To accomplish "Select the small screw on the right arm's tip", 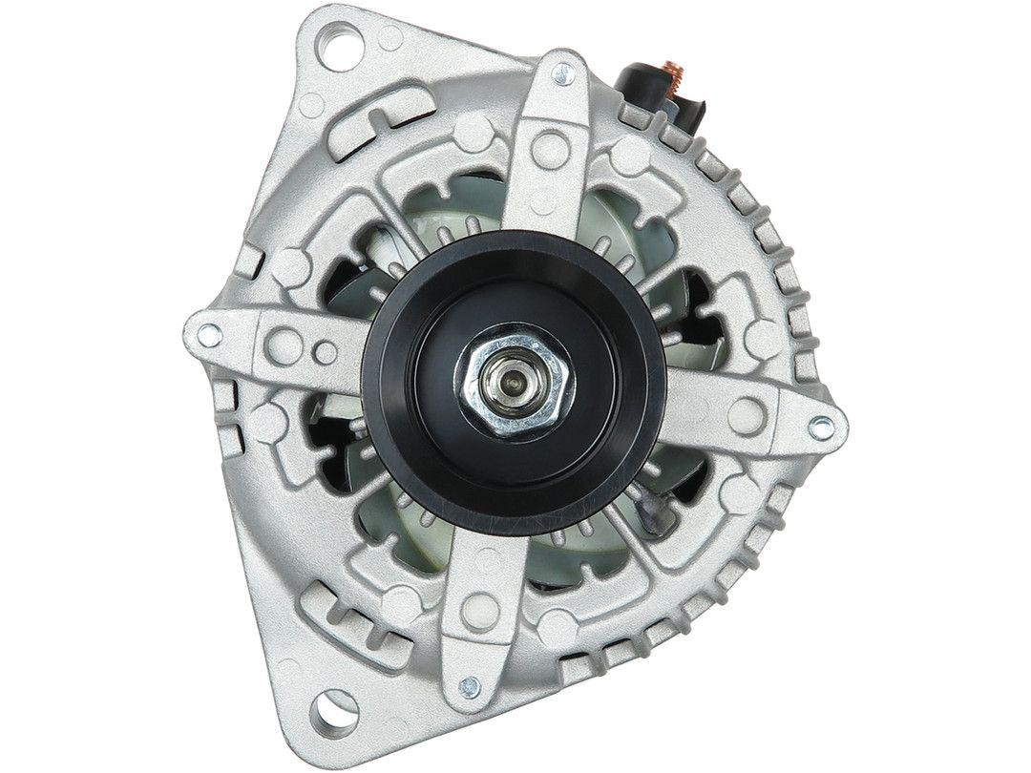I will coord(818,428).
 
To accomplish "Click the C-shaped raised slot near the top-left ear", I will coord(391,112).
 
